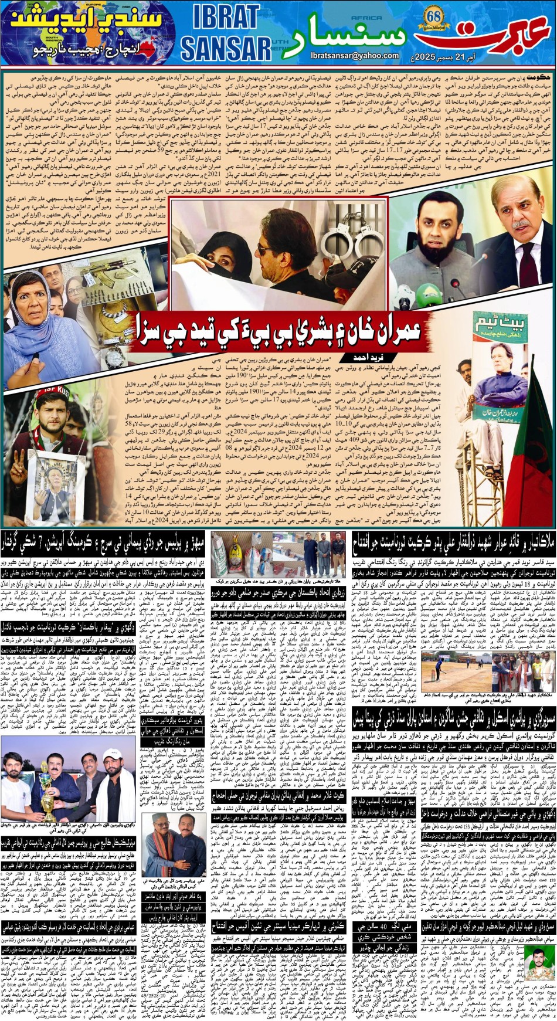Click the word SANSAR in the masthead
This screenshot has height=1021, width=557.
tap(226, 48)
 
